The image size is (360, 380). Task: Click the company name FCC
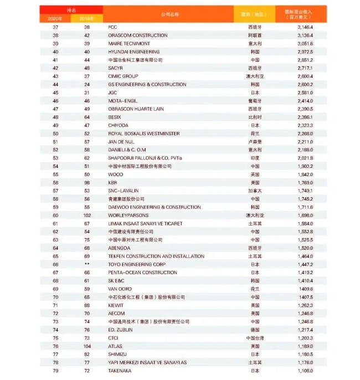tap(112, 27)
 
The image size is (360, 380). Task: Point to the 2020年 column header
tap(55, 18)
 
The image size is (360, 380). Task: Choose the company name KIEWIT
tap(116, 305)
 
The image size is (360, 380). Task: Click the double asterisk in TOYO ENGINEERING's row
tap(87, 264)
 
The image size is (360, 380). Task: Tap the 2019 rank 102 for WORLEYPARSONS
tap(87, 215)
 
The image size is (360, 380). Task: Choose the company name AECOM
tap(116, 313)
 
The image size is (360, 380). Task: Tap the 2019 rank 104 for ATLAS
tap(87, 346)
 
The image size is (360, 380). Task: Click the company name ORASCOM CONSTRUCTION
tap(138, 35)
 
